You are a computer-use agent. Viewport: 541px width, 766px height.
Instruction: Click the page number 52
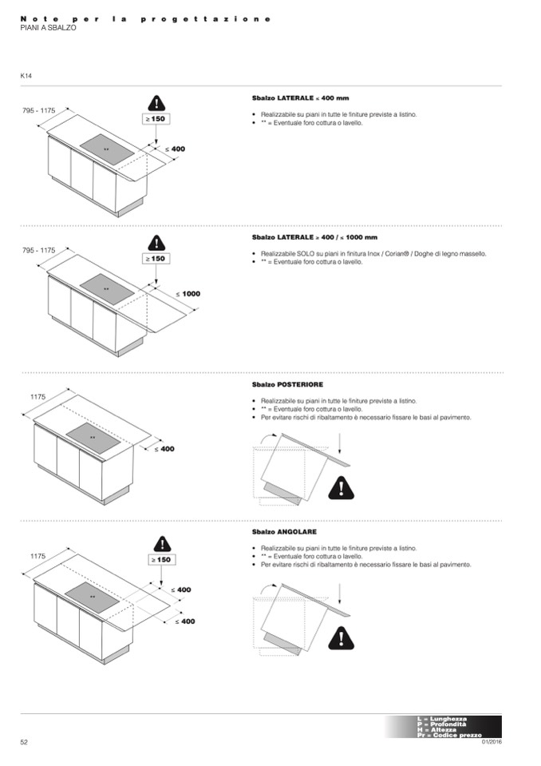click(24, 742)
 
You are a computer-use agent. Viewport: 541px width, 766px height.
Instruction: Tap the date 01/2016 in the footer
click(492, 742)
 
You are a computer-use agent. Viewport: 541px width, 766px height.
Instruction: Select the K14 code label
click(26, 76)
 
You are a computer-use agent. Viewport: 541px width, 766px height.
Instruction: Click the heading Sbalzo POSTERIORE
click(287, 385)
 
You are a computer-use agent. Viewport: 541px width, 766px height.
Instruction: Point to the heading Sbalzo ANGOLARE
click(284, 531)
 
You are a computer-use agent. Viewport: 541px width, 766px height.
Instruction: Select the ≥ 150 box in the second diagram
click(156, 259)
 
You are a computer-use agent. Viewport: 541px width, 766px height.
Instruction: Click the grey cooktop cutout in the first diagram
click(106, 149)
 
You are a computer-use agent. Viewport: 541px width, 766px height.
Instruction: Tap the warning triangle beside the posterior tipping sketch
click(342, 486)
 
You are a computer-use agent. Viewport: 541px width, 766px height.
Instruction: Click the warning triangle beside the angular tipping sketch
click(342, 637)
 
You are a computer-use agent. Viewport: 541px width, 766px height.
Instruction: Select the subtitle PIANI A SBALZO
click(48, 28)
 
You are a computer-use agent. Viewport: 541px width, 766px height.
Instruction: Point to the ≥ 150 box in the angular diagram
click(160, 560)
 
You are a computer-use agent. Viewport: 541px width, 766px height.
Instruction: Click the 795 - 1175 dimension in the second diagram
click(39, 250)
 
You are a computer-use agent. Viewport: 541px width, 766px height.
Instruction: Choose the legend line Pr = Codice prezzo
click(449, 735)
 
